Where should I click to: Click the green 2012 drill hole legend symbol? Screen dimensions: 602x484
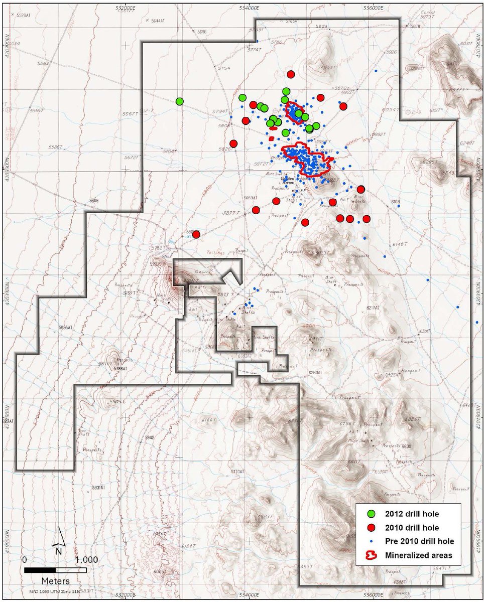[x=372, y=514]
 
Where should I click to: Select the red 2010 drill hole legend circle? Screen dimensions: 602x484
[x=372, y=528]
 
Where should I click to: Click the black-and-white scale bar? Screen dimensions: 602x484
[x=55, y=570]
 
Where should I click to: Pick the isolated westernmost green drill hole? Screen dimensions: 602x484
[x=180, y=101]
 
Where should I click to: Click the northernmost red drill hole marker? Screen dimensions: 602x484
[x=291, y=74]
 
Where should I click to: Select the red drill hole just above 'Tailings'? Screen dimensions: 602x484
[x=196, y=234]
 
